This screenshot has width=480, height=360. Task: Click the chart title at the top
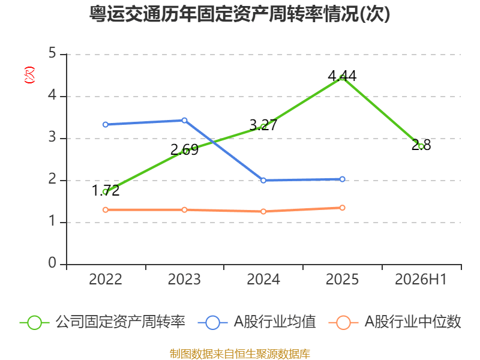point(239,14)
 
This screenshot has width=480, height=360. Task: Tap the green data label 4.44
point(342,76)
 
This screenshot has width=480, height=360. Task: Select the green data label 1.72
point(106,190)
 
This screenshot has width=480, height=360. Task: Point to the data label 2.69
point(184,149)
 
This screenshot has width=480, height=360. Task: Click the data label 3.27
point(263,125)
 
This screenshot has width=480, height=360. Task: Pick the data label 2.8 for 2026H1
point(421,145)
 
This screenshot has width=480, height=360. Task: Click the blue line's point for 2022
point(106,125)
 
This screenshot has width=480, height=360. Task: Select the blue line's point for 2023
point(184,121)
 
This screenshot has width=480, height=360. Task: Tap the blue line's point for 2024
point(263,181)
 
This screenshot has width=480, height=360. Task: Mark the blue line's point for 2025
point(342,179)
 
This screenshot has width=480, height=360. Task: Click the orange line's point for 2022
point(106,209)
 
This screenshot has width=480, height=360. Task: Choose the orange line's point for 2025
point(342,208)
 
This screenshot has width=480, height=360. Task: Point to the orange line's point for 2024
point(263,211)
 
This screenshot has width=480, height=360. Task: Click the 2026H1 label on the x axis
point(421,279)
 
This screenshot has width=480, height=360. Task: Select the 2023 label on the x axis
point(184,279)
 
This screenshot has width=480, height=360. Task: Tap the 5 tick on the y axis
point(52,53)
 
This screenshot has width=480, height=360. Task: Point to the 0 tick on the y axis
point(52,263)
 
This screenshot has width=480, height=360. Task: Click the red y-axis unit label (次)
point(29,75)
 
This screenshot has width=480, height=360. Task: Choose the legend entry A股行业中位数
point(395,322)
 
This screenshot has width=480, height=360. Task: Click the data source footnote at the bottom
point(239,353)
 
